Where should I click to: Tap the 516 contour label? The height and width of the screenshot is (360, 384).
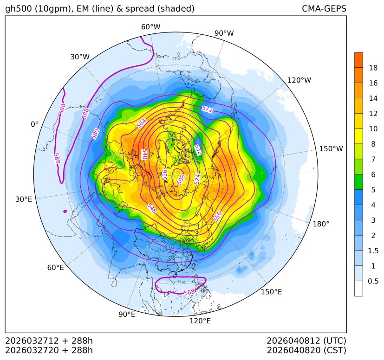coord(164,174)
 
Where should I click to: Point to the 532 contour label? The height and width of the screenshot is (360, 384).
coord(198,149)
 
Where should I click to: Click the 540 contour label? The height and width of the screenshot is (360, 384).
coord(144,154)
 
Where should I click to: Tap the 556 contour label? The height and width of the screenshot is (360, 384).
coord(217,216)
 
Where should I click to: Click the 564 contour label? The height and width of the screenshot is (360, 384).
coord(142,123)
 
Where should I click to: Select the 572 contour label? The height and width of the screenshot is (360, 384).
coord(207,109)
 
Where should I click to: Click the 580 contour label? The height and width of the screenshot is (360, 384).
coord(95,134)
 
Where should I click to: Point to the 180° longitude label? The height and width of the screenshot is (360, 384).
coord(321,224)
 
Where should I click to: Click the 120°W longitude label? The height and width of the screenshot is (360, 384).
coord(299,80)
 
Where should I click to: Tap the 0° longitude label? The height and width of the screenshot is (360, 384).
coord(34,124)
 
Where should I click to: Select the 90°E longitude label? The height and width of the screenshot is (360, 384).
coord(127,315)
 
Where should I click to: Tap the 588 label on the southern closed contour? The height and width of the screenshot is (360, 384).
coord(189,292)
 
